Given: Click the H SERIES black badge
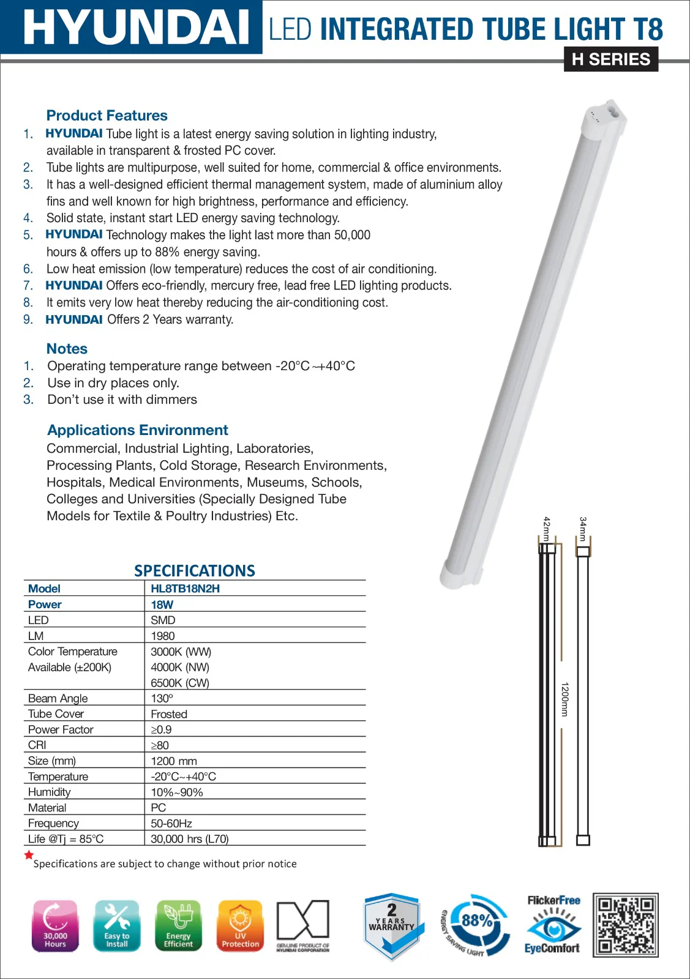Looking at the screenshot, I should [610, 59].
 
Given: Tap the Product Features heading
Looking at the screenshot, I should [107, 116].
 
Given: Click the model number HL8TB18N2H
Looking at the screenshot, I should [185, 589].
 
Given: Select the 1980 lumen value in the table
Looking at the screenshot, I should [162, 636].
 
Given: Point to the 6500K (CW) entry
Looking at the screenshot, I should [180, 683].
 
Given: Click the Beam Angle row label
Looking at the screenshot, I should [58, 698].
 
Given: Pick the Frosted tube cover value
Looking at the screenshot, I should [169, 714].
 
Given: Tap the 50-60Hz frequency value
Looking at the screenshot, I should [171, 824].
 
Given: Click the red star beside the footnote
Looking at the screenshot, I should [29, 855].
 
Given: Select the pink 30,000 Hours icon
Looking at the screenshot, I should [55, 926].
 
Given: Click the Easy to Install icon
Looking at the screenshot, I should [117, 926].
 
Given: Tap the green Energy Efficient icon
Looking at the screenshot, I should [178, 926].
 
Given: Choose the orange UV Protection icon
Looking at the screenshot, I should [240, 926].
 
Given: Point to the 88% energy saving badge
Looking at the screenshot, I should [476, 924].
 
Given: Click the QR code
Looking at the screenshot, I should [625, 925].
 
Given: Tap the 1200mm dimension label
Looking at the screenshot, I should [564, 699].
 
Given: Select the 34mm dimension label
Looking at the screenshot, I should [583, 529].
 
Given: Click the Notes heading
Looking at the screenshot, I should [67, 349].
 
